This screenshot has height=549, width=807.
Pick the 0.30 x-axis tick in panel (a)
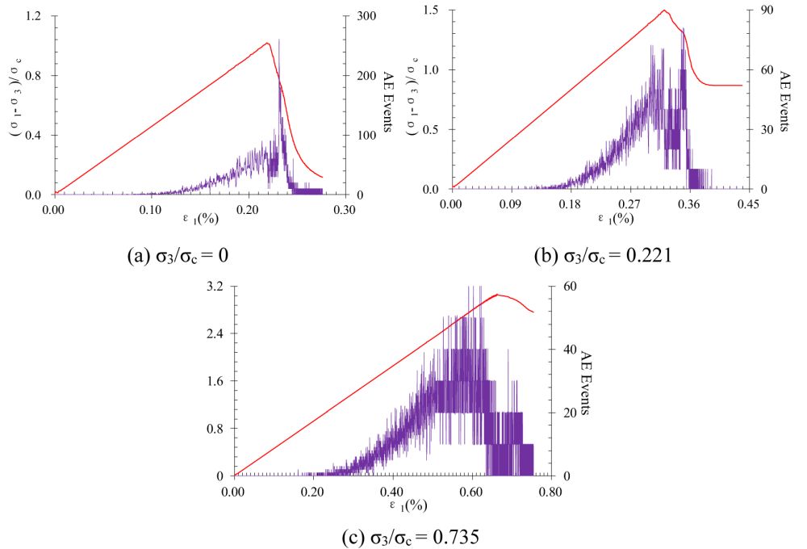click(345, 207)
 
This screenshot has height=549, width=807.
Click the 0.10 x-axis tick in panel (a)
click(151, 207)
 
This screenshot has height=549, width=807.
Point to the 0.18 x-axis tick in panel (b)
click(571, 203)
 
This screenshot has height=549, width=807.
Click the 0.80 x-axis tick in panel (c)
click(550, 489)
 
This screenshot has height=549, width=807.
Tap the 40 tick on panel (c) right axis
click(570, 350)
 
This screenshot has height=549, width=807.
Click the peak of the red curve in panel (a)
click(267, 43)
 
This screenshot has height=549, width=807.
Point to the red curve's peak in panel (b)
click(664, 10)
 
